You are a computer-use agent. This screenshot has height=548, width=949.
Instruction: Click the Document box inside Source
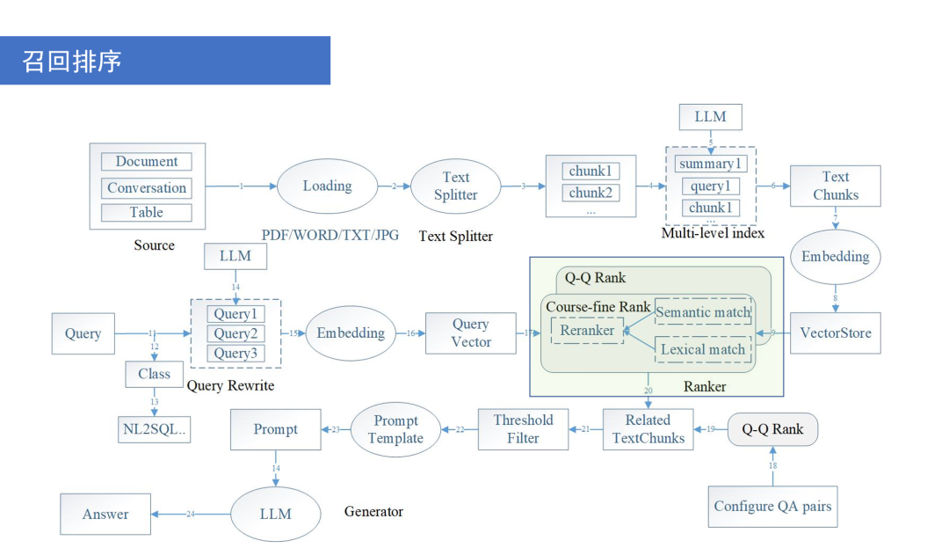click(x=146, y=162)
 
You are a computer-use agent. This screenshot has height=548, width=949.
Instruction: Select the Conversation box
click(x=147, y=187)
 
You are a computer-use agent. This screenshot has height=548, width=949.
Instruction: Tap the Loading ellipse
click(x=327, y=186)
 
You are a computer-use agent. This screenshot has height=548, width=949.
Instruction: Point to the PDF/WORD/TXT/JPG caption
click(x=330, y=236)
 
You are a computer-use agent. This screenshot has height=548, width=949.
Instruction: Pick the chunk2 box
click(x=590, y=193)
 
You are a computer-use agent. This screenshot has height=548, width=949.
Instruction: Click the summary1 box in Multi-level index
click(x=710, y=164)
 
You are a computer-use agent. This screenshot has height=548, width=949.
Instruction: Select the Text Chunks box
click(x=836, y=186)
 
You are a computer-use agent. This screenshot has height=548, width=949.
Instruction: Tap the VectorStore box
click(x=836, y=333)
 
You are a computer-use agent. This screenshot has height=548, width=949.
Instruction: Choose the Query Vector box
click(x=471, y=333)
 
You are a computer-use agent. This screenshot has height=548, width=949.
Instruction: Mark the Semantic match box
click(x=703, y=312)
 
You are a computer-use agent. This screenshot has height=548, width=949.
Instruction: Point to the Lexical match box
click(x=703, y=349)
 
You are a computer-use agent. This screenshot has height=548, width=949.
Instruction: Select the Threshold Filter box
click(x=523, y=429)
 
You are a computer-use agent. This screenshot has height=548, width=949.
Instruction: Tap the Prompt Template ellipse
click(x=395, y=429)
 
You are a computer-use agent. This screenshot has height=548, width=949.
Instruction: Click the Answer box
click(x=105, y=515)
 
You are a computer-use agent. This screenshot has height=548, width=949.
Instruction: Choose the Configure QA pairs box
click(x=772, y=506)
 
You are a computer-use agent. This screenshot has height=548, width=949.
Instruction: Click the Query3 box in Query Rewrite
click(x=235, y=354)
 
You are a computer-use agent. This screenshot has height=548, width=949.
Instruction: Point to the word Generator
click(x=373, y=511)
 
